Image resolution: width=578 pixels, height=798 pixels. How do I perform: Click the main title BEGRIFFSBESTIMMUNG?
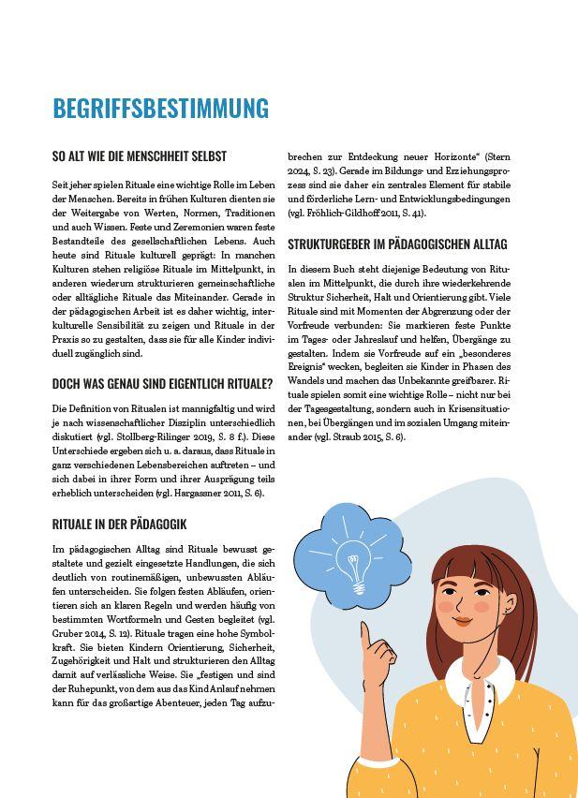pos(160,108)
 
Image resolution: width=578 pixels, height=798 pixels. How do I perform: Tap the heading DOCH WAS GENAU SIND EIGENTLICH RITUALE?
pos(162,383)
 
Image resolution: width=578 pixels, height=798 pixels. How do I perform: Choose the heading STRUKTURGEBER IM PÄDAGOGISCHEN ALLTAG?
pos(397,244)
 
